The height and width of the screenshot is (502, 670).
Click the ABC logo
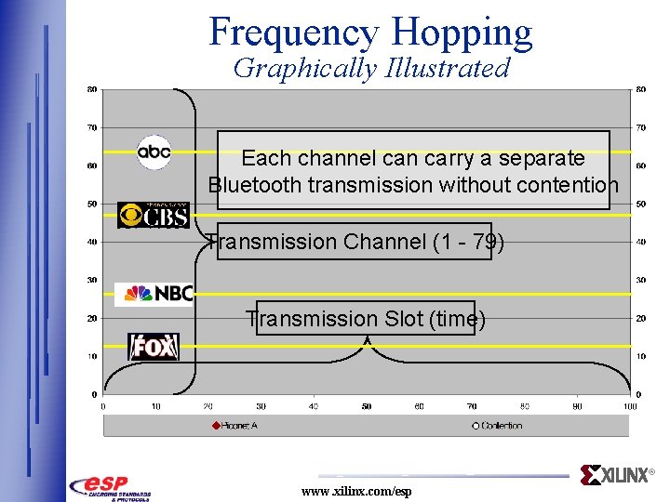tap(154, 152)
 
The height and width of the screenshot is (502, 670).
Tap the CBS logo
tap(154, 215)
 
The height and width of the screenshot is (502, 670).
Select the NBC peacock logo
tap(154, 294)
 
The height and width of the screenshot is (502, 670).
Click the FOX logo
tap(154, 347)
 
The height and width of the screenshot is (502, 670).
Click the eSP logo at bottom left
tap(110, 486)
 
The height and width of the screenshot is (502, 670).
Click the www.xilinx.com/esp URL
tap(355, 491)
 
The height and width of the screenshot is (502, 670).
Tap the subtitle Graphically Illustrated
tap(371, 68)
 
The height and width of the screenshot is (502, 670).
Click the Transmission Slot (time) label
tap(365, 319)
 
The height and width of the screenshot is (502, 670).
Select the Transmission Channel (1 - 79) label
tap(355, 242)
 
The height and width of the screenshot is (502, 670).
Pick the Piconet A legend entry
tap(239, 425)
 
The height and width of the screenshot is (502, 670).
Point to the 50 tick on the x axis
tap(367, 406)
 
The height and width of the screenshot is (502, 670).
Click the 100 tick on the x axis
tap(630, 406)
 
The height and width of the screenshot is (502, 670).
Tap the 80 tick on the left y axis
tap(91, 89)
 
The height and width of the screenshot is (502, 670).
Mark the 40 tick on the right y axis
tap(641, 242)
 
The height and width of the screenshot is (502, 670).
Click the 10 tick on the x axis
tap(155, 406)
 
